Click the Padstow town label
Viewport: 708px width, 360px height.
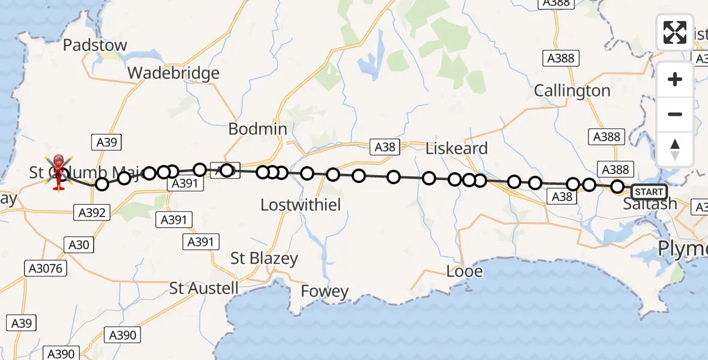coord(95,45)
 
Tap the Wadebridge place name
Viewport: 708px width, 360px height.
coord(173,73)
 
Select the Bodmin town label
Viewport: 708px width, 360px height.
coord(257,129)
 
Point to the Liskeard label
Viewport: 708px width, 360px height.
coord(456,148)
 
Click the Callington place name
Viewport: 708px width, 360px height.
coord(572,91)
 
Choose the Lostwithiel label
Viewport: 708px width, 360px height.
coord(301,205)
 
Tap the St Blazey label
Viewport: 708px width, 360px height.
coord(265,259)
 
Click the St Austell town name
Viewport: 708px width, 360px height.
coord(204,288)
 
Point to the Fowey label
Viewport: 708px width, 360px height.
coord(325,292)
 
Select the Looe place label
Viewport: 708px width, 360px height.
coord(464,271)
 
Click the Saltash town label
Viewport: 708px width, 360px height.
coord(650,204)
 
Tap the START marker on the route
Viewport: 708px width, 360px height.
coord(649,192)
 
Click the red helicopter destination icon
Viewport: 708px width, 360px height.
coord(59,172)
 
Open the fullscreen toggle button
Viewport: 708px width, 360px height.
coord(675,32)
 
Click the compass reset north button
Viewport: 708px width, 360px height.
coord(675,149)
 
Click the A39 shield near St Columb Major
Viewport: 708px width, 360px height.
coord(107,142)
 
